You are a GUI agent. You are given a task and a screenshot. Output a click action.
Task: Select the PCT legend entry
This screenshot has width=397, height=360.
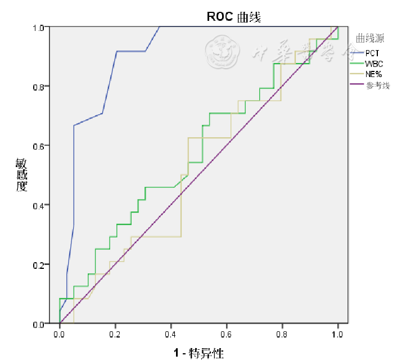coord(376,53)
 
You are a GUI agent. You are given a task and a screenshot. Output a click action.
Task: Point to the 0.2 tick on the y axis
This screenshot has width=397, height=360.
coord(39,264)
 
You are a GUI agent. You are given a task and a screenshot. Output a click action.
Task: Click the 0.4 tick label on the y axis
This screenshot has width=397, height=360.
coord(39,205)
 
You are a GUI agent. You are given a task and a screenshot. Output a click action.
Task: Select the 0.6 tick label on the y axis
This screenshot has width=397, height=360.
coord(39,146)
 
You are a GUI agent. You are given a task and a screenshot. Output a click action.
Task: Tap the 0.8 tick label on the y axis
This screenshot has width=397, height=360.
coord(39,86)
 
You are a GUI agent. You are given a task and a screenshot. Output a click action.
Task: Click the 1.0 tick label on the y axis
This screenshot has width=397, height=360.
coord(39,27)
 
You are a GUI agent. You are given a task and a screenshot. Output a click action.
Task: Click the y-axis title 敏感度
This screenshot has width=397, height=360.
coord(21,174)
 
